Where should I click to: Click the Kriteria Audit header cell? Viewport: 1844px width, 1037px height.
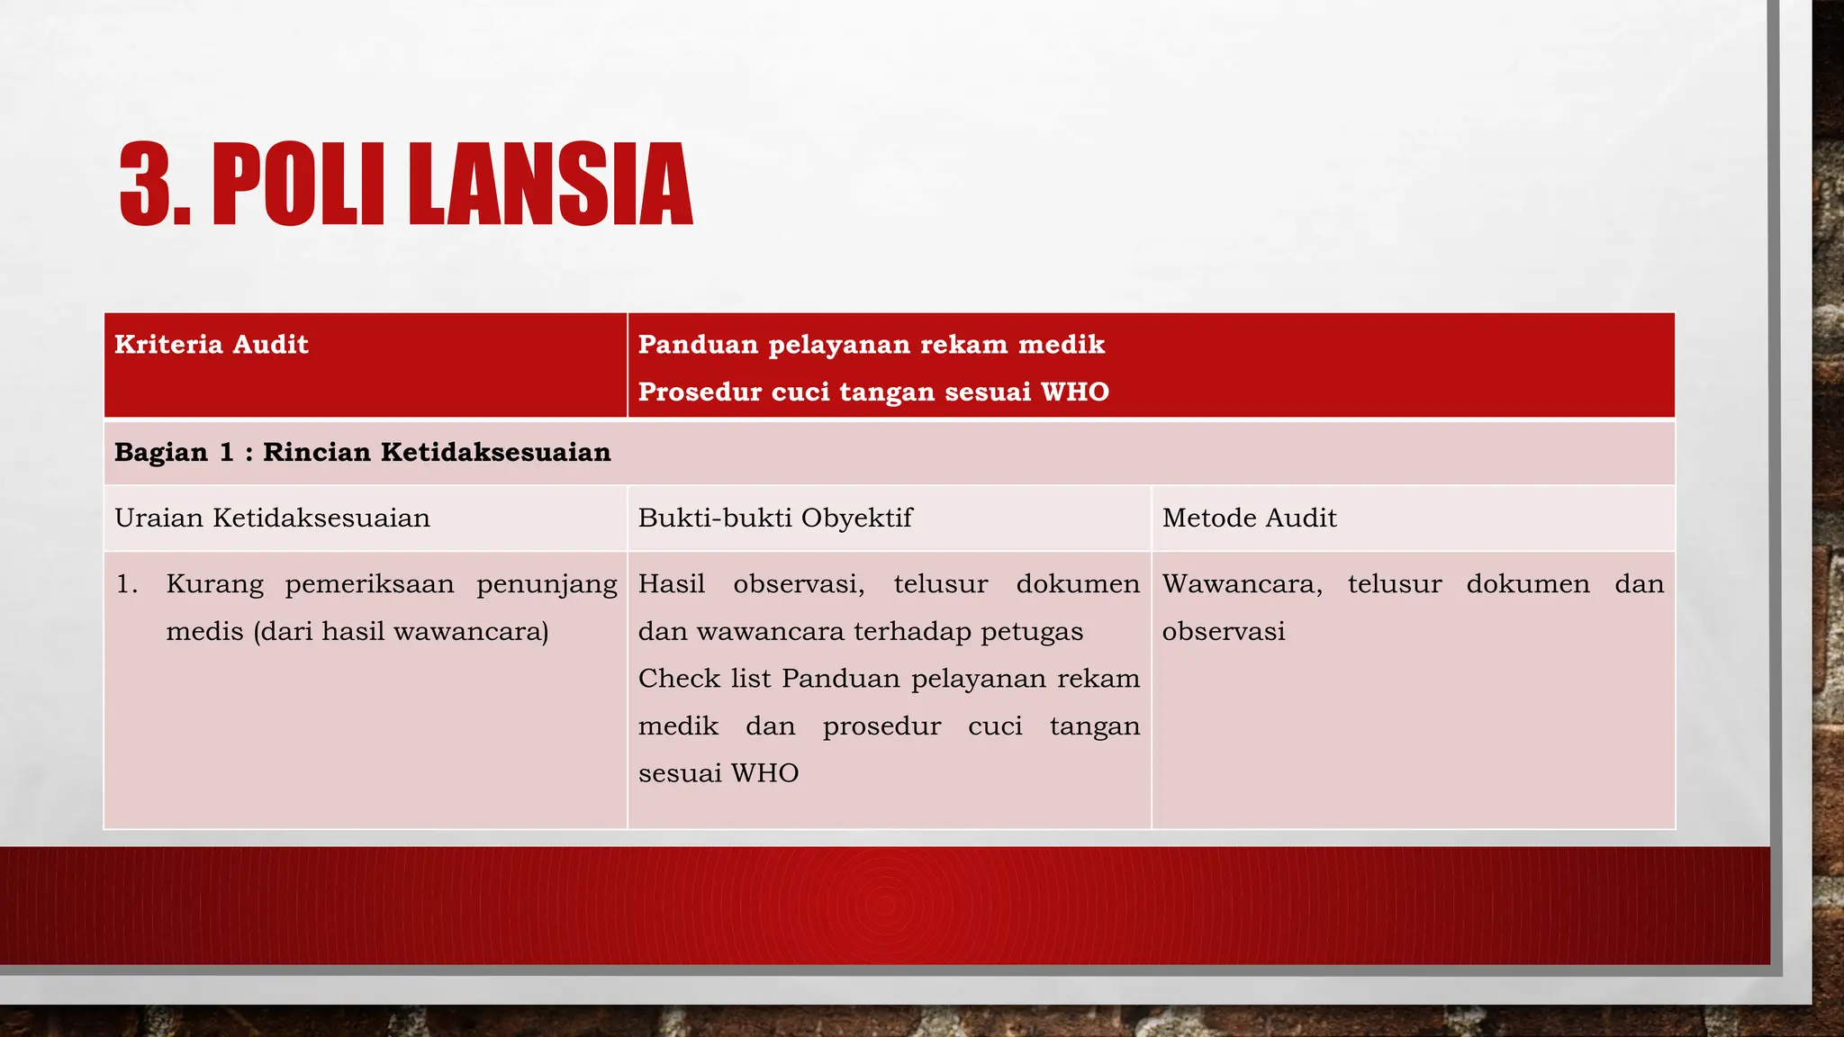212,345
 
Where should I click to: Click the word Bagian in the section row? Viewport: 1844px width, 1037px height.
161,452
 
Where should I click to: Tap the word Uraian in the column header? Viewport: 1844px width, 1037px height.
158,518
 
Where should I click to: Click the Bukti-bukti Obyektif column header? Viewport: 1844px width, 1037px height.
775,518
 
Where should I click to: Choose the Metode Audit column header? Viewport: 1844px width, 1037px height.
1249,518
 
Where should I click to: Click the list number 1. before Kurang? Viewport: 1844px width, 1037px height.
127,584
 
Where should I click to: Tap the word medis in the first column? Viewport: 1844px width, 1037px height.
204,632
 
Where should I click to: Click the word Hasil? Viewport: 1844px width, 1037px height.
672,584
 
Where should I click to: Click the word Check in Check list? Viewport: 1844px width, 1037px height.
678,679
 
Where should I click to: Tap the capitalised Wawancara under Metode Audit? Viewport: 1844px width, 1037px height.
1242,584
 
